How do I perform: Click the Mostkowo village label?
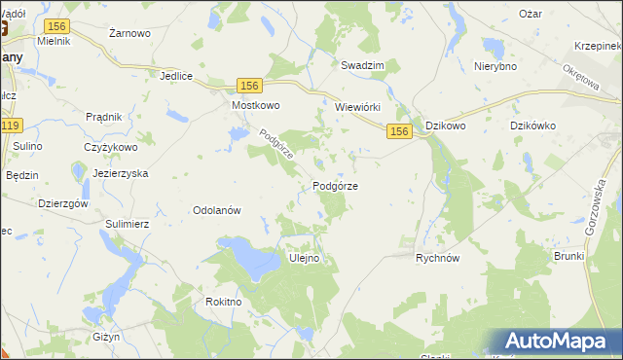(x=255, y=105)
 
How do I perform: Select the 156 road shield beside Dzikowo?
(x=398, y=129)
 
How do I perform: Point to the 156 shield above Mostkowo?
(x=249, y=86)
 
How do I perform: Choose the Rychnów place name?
(x=437, y=258)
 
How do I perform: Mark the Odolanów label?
(x=217, y=210)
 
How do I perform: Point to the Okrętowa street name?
(x=581, y=81)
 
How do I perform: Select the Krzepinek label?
(x=597, y=46)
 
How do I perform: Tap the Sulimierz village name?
(x=127, y=223)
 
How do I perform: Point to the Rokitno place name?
(x=223, y=302)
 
